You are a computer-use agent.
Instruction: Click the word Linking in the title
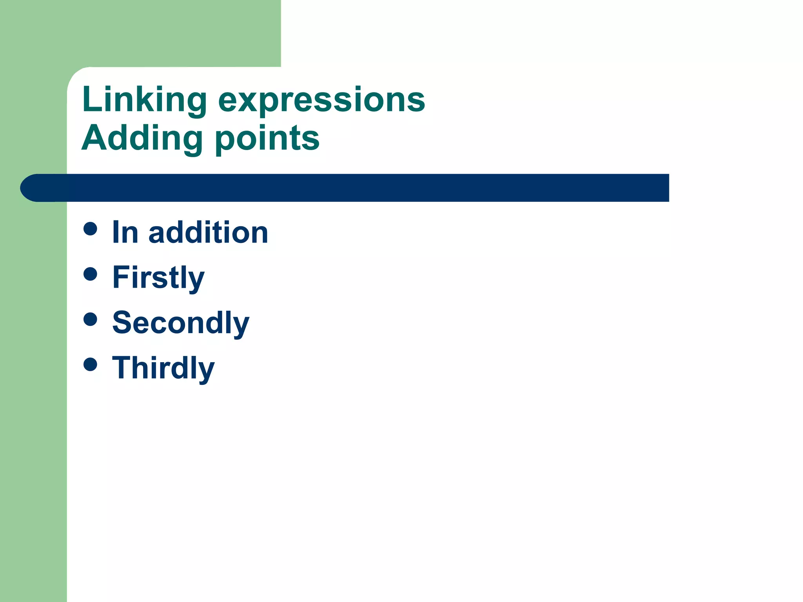(x=144, y=100)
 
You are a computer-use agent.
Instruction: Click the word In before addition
(x=125, y=232)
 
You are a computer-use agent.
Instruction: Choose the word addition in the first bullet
(x=208, y=232)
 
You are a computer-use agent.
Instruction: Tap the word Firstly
(x=158, y=277)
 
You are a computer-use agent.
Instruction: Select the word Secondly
(x=181, y=323)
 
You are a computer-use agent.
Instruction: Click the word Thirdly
(x=164, y=368)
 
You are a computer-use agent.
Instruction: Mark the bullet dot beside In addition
(x=90, y=229)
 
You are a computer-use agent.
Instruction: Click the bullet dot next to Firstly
(x=90, y=274)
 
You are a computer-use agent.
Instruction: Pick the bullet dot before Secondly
(x=90, y=319)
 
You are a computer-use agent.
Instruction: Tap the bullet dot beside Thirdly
(x=90, y=364)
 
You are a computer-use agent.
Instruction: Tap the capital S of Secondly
(x=123, y=322)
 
